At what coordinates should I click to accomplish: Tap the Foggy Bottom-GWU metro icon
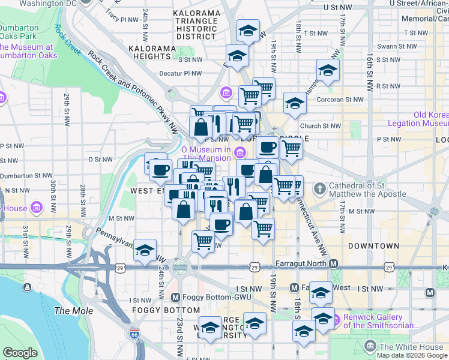[x=175, y=297]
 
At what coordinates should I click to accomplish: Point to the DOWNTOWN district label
[x=373, y=246]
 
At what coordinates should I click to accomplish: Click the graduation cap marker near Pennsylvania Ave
[x=145, y=250]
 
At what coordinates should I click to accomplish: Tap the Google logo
[x=20, y=353]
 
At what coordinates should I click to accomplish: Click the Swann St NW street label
[x=397, y=46]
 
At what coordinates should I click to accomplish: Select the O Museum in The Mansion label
[x=206, y=154]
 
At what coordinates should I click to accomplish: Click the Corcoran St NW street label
[x=341, y=100]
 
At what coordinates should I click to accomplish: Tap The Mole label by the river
[x=74, y=311]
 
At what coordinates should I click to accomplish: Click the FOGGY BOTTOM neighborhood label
[x=166, y=310]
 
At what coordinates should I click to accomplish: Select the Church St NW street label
[x=321, y=126]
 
